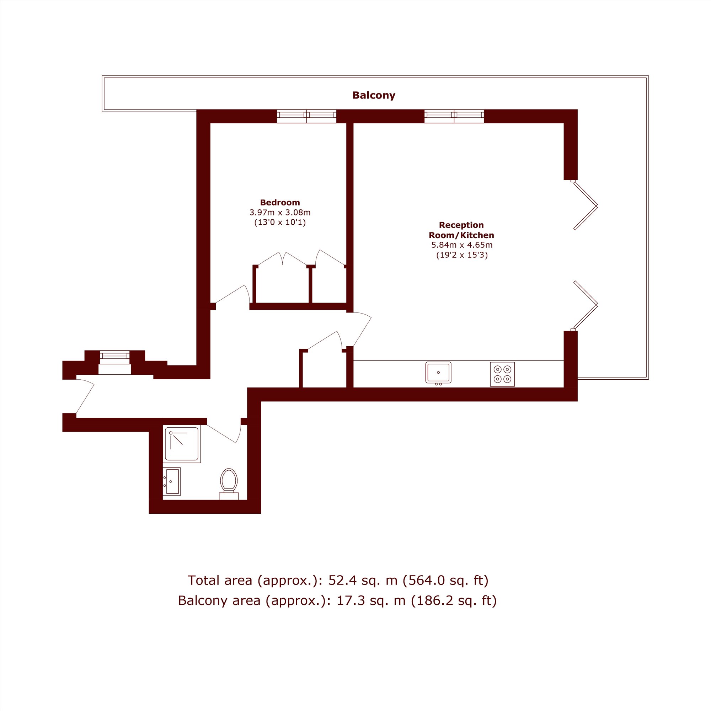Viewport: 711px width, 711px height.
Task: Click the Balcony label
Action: [x=374, y=95]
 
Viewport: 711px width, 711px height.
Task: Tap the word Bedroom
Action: [x=280, y=202]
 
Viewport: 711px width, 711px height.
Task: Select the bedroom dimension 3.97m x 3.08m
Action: [x=280, y=212]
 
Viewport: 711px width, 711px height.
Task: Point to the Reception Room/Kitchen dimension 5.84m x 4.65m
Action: [x=461, y=245]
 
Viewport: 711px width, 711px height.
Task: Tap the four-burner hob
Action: [x=502, y=374]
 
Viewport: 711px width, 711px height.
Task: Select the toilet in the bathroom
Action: [x=229, y=484]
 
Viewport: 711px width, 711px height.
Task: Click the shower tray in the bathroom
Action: [x=182, y=444]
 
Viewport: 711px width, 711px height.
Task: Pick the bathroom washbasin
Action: [x=171, y=481]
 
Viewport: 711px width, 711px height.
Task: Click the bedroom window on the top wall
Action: [x=306, y=116]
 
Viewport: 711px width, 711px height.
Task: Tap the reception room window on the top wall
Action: [x=454, y=116]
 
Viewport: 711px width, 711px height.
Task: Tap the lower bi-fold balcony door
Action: [x=585, y=305]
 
